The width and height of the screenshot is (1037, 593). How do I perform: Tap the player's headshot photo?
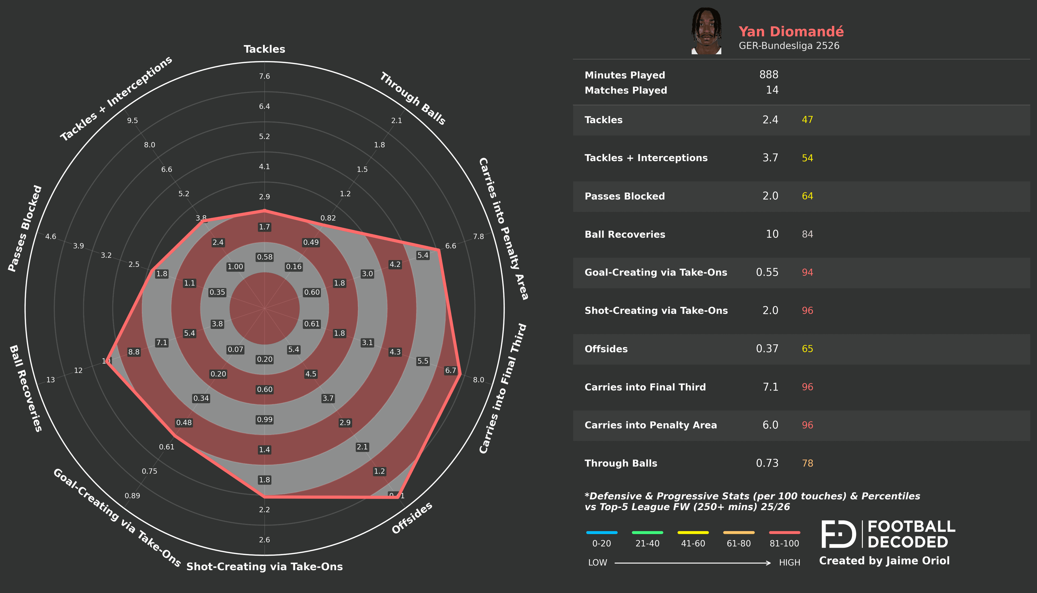[706, 31]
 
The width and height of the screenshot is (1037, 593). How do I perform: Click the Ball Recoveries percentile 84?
[807, 234]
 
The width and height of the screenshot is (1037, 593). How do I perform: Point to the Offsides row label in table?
[606, 349]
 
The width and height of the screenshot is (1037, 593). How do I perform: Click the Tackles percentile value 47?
[807, 120]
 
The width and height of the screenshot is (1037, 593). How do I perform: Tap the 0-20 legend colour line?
[601, 532]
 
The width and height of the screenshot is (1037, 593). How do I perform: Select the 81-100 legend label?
[784, 543]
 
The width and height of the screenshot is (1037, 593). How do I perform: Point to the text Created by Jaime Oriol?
[884, 561]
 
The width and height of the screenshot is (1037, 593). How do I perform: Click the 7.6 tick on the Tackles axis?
[265, 76]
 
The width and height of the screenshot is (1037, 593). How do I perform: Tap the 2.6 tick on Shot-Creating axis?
[265, 540]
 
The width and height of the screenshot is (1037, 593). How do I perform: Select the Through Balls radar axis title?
[412, 99]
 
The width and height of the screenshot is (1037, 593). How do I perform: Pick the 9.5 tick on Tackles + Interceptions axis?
[132, 120]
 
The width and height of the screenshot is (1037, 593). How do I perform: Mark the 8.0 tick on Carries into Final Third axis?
[478, 380]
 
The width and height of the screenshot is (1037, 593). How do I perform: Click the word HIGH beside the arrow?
[789, 562]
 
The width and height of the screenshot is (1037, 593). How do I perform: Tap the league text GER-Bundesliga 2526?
[789, 46]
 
